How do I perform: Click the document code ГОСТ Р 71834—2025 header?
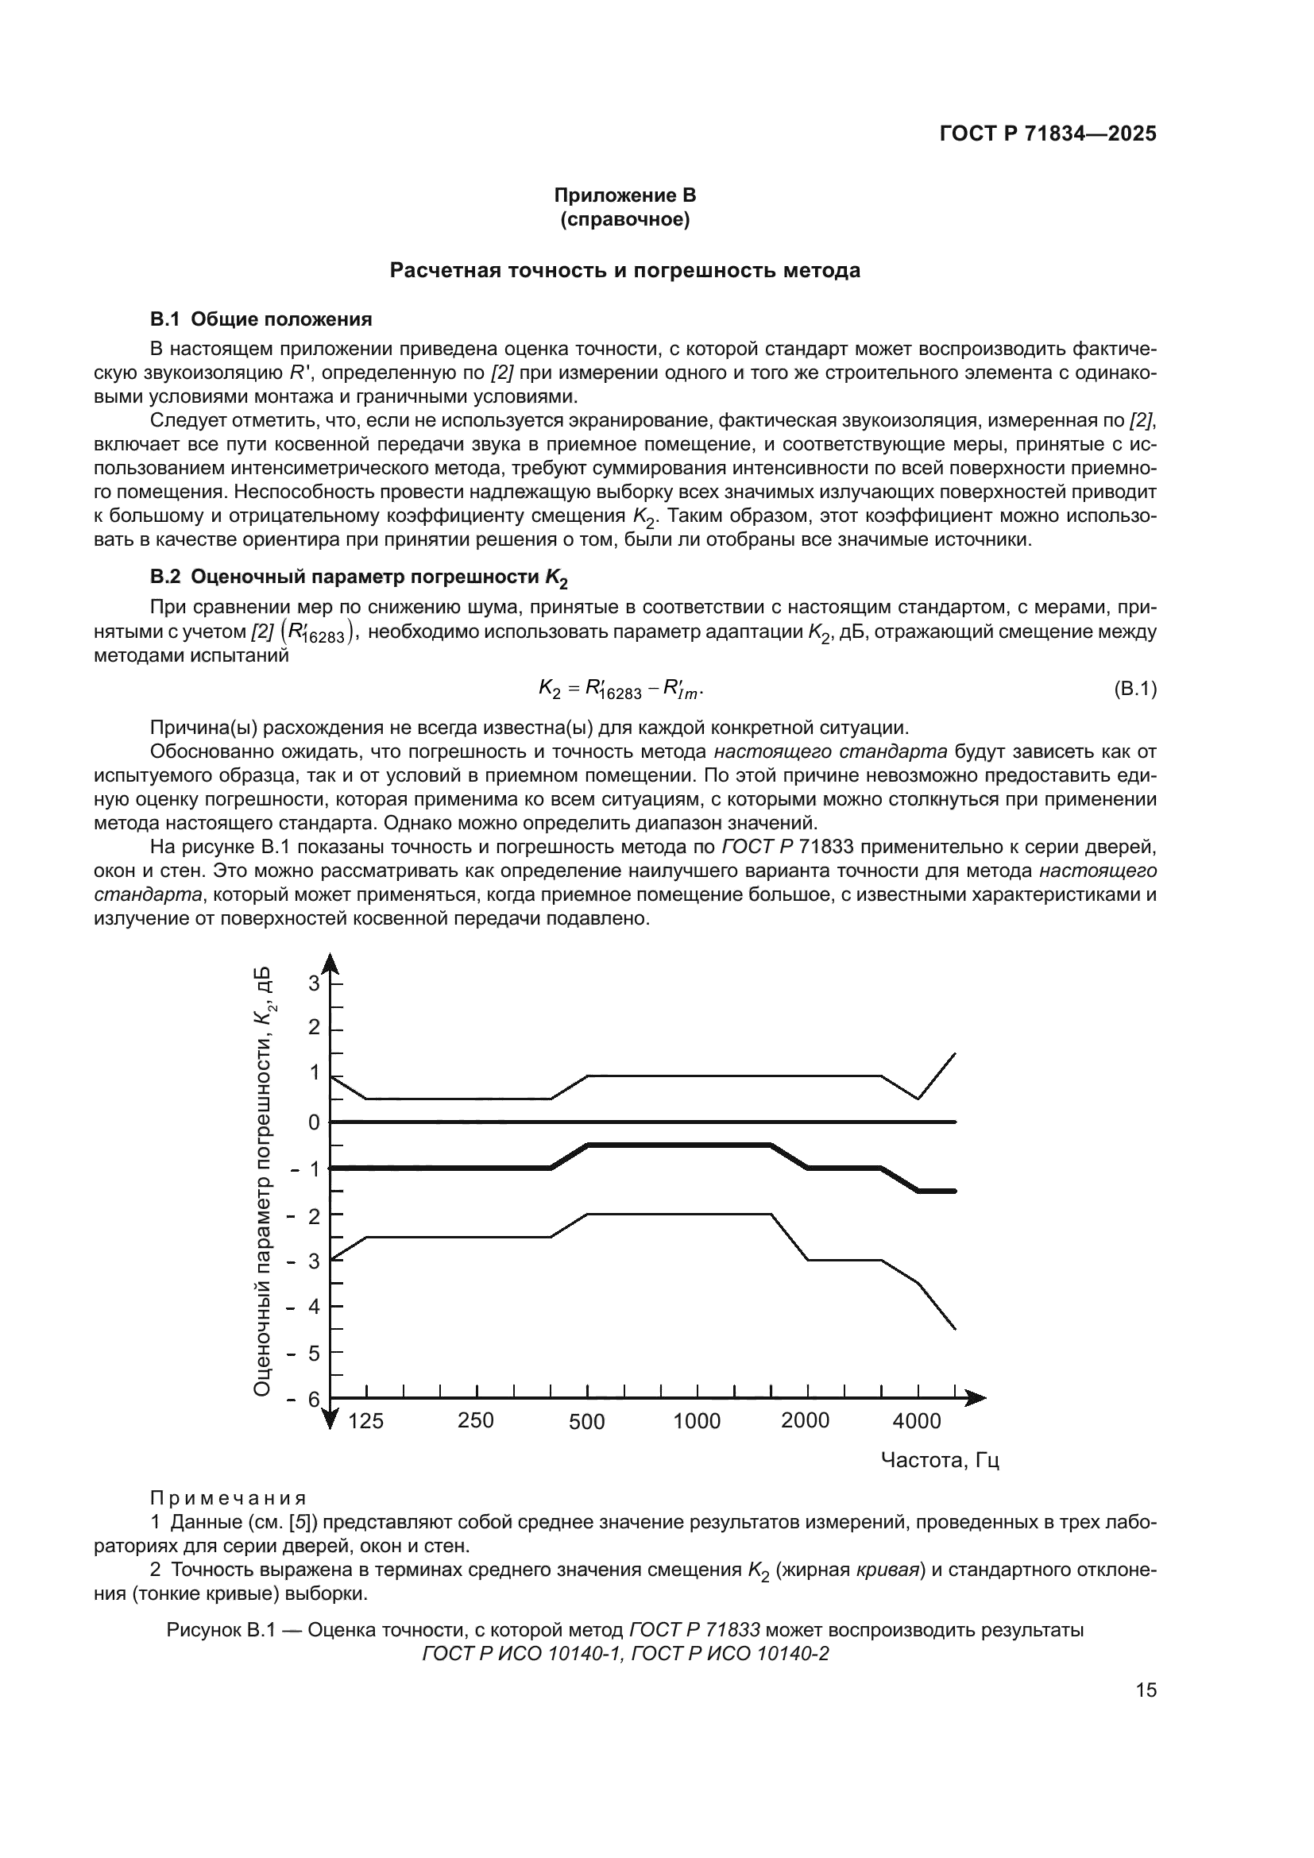(1047, 134)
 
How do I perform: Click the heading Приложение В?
(624, 196)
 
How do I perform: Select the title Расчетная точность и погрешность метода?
(624, 270)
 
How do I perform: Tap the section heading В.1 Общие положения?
(261, 319)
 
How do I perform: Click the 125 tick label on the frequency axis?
(365, 1422)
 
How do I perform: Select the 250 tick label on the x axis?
(476, 1421)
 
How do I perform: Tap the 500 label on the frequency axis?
(586, 1422)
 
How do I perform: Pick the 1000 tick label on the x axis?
(697, 1422)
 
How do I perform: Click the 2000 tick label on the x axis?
(805, 1421)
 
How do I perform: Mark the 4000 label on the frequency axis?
(917, 1422)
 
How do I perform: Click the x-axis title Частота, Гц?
(939, 1460)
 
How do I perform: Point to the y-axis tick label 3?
(314, 984)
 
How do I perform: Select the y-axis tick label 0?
(314, 1122)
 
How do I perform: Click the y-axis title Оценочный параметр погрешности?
(261, 1181)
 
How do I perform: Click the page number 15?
(1146, 1690)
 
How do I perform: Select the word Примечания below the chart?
(228, 1499)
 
